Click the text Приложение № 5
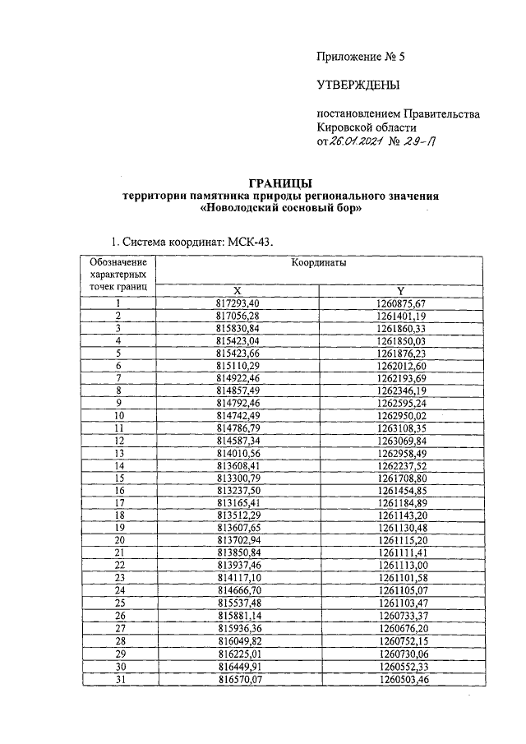click(361, 57)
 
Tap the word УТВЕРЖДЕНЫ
click(358, 85)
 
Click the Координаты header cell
click(318, 264)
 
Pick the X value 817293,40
click(237, 303)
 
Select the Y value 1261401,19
click(400, 316)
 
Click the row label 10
click(118, 416)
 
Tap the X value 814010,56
click(237, 453)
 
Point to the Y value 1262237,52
click(400, 465)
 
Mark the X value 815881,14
click(237, 615)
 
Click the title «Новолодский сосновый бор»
click(282, 209)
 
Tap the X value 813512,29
click(237, 515)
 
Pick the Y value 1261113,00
click(400, 565)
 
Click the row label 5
click(118, 354)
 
